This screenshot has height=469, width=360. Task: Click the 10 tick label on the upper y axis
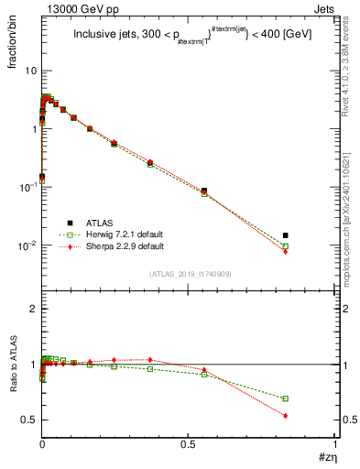point(30,71)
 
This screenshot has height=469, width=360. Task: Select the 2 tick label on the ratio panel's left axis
point(33,310)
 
